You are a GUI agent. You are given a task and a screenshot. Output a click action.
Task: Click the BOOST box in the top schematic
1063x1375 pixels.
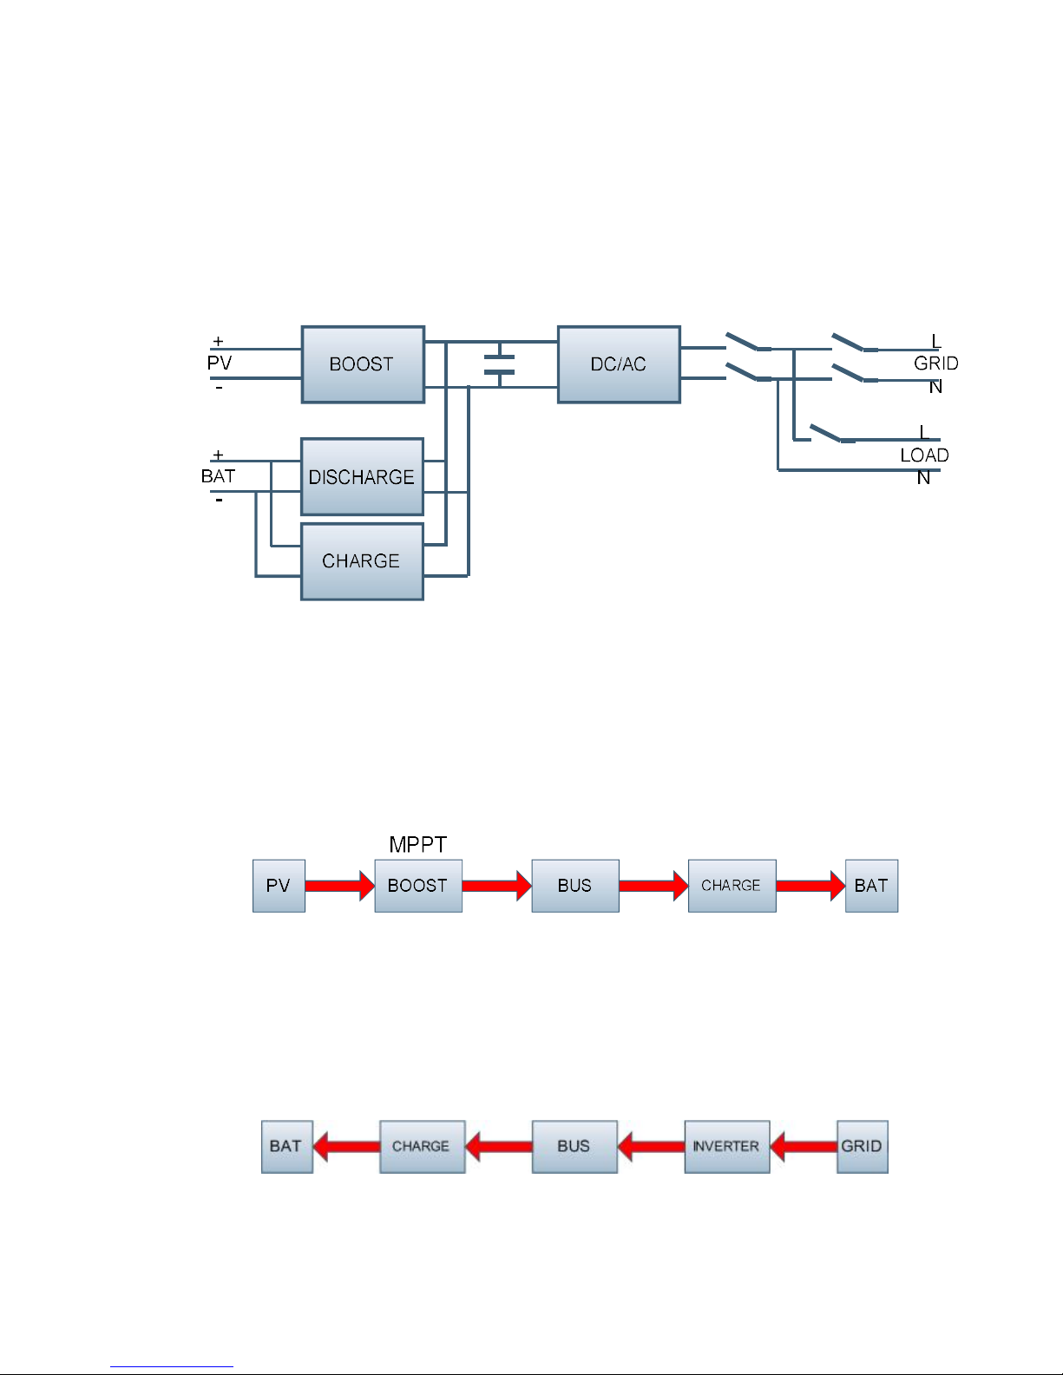point(363,364)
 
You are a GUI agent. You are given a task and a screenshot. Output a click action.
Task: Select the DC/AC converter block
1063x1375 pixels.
point(619,364)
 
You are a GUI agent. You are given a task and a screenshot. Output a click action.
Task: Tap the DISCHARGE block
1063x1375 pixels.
point(362,476)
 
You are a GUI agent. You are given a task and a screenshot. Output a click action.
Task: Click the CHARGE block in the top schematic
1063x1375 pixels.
point(362,562)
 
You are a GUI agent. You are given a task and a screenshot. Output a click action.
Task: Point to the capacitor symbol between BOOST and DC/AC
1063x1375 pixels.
point(499,364)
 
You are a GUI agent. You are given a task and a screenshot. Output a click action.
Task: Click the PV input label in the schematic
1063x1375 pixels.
point(220,363)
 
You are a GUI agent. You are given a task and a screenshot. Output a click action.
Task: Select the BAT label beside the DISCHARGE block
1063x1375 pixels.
point(219,476)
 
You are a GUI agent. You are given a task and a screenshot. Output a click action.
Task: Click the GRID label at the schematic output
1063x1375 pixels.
point(935,363)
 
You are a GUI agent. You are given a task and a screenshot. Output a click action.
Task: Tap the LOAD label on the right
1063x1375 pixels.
point(924,455)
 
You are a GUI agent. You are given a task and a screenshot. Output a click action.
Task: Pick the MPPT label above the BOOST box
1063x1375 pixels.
point(418,844)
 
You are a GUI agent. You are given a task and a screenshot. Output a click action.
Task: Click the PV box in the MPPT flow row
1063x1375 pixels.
point(279,886)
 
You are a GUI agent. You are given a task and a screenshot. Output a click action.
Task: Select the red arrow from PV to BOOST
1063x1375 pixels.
point(340,886)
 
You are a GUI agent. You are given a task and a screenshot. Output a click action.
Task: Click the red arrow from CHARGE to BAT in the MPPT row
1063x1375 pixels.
point(810,886)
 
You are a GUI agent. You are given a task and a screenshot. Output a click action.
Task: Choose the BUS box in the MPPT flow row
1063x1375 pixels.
point(575,886)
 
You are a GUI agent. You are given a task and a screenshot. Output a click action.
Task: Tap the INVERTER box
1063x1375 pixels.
point(727,1147)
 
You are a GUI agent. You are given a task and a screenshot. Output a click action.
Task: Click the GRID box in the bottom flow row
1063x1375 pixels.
point(863,1147)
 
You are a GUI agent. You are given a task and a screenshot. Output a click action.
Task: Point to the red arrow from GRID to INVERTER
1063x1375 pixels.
point(804,1147)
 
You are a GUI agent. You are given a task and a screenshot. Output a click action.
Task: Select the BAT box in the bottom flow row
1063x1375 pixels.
point(287,1147)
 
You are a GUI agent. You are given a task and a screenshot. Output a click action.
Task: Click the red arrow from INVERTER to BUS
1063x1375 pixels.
point(651,1147)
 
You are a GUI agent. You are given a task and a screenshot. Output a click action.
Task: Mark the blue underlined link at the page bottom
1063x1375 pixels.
point(172,1365)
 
